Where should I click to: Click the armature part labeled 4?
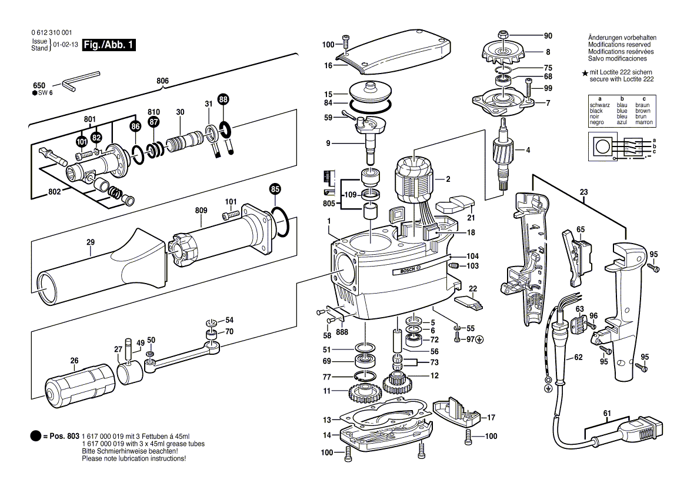(503, 154)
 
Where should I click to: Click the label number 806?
(163, 81)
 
